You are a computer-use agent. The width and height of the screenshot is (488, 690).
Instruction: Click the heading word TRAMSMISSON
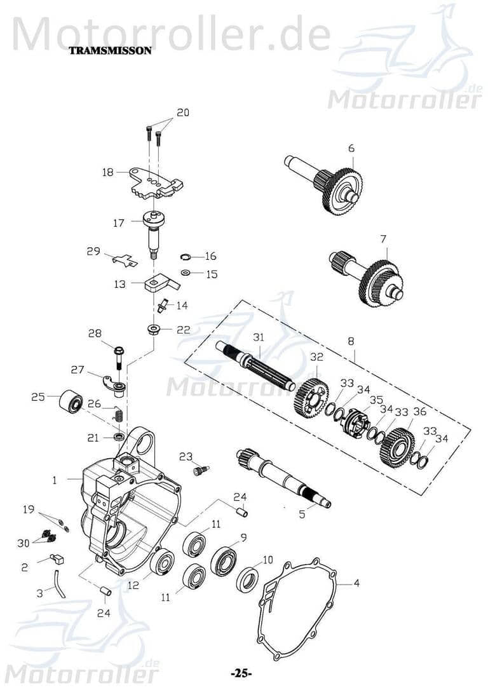110,51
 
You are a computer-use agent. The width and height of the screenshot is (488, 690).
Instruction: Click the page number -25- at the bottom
241,673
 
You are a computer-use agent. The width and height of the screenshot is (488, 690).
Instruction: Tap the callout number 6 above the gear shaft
350,148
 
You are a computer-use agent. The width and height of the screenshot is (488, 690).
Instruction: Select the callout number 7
383,239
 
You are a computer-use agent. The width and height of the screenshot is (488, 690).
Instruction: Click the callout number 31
257,337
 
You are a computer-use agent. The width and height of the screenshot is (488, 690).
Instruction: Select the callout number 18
107,172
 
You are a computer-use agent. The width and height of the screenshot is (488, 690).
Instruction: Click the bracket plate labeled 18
156,182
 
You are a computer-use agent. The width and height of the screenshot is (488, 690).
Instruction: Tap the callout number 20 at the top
182,112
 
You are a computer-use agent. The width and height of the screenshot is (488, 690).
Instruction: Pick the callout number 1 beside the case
55,480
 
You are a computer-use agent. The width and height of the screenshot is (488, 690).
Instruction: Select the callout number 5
302,514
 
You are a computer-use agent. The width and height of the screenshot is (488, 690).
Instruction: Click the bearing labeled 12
163,563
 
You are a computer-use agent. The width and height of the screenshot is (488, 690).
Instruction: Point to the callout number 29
93,252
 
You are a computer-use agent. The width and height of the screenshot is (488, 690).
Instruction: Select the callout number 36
419,412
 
